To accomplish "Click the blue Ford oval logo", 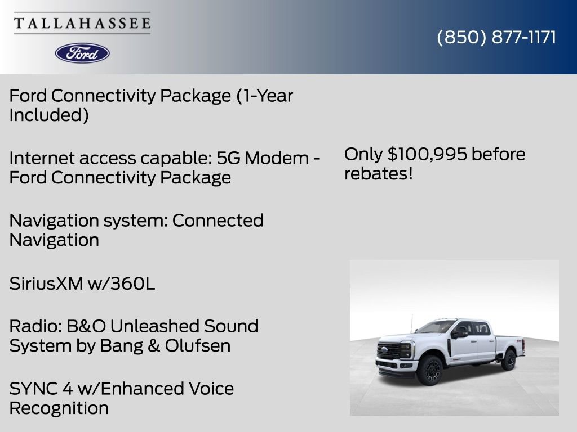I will (x=82, y=53).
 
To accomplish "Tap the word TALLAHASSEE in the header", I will (x=82, y=24).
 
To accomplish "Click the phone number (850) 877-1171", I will (x=496, y=38).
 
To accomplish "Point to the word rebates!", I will (x=379, y=174).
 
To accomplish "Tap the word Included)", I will (x=49, y=115).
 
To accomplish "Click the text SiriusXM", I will (x=46, y=284).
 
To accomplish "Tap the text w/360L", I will (x=121, y=284).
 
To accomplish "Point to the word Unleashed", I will (x=154, y=326).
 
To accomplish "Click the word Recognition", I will (x=59, y=408).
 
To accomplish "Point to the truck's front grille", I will (x=390, y=351).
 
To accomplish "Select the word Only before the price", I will (x=363, y=154).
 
